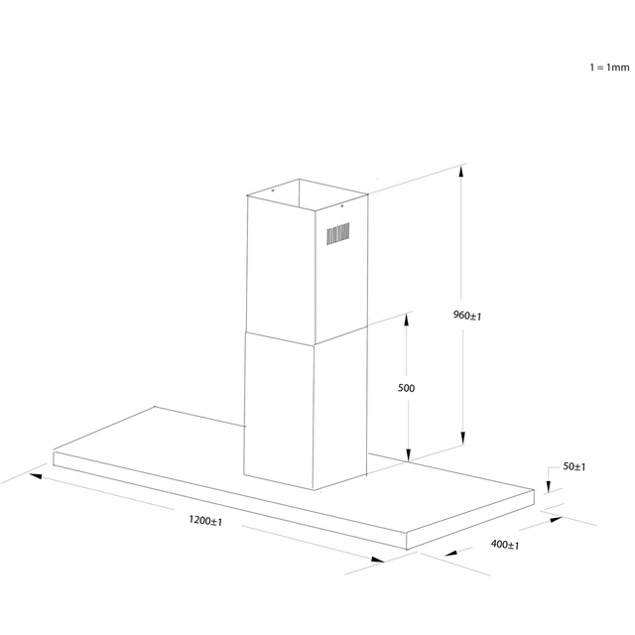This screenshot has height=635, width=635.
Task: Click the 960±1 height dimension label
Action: pyautogui.click(x=467, y=316)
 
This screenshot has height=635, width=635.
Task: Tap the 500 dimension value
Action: pyautogui.click(x=406, y=388)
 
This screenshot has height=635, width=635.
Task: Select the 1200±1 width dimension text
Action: pyautogui.click(x=205, y=520)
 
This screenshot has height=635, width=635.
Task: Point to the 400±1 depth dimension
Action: pyautogui.click(x=505, y=545)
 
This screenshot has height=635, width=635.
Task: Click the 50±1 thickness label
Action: pyautogui.click(x=574, y=466)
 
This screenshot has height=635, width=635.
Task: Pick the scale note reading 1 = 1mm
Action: pyautogui.click(x=609, y=67)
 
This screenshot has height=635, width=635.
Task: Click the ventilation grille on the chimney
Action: pyautogui.click(x=338, y=234)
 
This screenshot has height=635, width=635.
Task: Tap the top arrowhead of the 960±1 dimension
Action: pyautogui.click(x=460, y=172)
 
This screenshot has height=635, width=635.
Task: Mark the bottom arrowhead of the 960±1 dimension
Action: pyautogui.click(x=463, y=438)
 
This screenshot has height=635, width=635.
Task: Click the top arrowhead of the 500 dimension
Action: pyautogui.click(x=406, y=319)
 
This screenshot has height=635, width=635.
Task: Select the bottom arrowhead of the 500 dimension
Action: pyautogui.click(x=408, y=454)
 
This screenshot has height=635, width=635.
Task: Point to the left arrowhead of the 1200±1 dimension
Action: pyautogui.click(x=36, y=476)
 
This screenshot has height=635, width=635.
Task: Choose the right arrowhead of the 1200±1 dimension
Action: pyautogui.click(x=378, y=560)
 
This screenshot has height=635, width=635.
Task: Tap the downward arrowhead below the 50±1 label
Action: pyautogui.click(x=549, y=486)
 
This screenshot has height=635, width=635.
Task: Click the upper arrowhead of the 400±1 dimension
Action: pyautogui.click(x=556, y=519)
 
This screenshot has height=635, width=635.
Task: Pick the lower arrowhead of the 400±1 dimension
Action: pyautogui.click(x=451, y=553)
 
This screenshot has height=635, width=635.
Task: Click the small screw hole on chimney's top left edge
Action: pyautogui.click(x=273, y=190)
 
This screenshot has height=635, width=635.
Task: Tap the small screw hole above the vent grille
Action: pyautogui.click(x=341, y=206)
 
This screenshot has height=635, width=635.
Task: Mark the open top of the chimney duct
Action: pyautogui.click(x=308, y=195)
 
